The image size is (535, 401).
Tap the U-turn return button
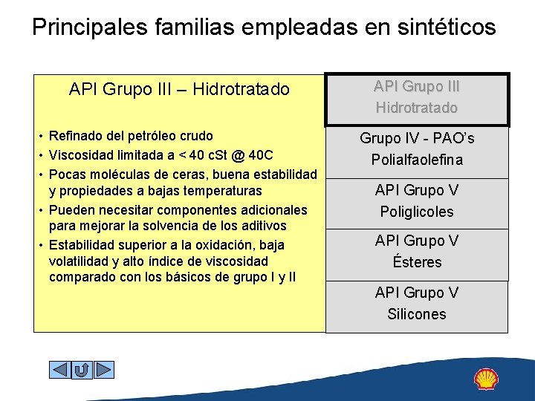click(x=82, y=369)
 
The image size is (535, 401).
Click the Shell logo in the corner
click(x=486, y=379)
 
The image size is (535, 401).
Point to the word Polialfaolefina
click(x=417, y=160)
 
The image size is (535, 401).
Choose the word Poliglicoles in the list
click(x=417, y=212)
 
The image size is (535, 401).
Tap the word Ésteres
click(x=417, y=262)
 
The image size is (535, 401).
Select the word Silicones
click(x=417, y=314)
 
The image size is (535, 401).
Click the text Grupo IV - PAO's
click(x=417, y=139)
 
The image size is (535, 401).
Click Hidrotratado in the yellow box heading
click(x=241, y=90)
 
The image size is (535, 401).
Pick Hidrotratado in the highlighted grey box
click(x=417, y=108)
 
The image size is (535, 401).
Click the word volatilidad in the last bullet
click(x=81, y=261)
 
